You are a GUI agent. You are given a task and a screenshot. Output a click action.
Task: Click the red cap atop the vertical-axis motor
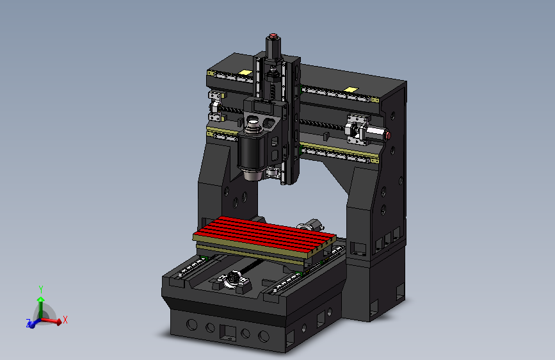tap(274, 36)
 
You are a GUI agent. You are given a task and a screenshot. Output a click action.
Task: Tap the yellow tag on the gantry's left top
tap(245, 72)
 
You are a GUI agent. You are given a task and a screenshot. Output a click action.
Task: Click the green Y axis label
tap(40, 289)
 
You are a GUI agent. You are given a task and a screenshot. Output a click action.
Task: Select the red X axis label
tap(65, 319)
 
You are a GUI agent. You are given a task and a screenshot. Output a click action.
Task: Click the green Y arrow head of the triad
tap(40, 299)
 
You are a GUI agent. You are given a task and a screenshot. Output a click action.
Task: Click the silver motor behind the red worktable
tap(312, 225)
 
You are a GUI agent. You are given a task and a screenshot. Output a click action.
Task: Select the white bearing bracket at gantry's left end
tap(216, 106)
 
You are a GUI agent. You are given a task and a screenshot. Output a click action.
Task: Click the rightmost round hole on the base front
tap(263, 336)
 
